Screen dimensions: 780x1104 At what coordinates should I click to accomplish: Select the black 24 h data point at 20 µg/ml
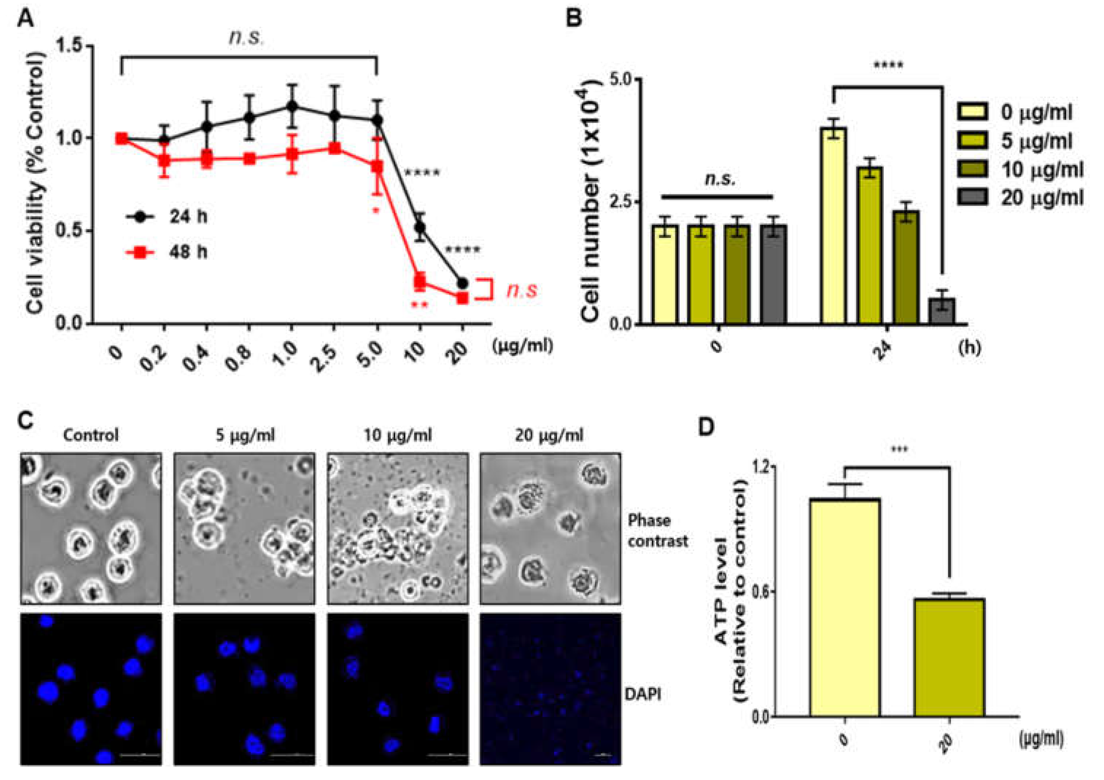[463, 283]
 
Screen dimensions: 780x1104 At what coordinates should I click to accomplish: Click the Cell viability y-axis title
[36, 183]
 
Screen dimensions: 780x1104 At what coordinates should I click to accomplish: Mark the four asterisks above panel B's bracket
[888, 65]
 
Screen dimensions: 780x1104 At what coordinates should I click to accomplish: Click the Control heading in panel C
[90, 435]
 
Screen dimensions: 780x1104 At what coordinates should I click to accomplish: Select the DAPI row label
[642, 694]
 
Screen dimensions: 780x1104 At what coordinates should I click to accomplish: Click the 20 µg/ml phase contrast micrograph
[550, 529]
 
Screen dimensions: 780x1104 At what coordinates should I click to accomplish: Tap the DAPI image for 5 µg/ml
[244, 688]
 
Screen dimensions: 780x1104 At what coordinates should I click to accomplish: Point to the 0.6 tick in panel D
[760, 592]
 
